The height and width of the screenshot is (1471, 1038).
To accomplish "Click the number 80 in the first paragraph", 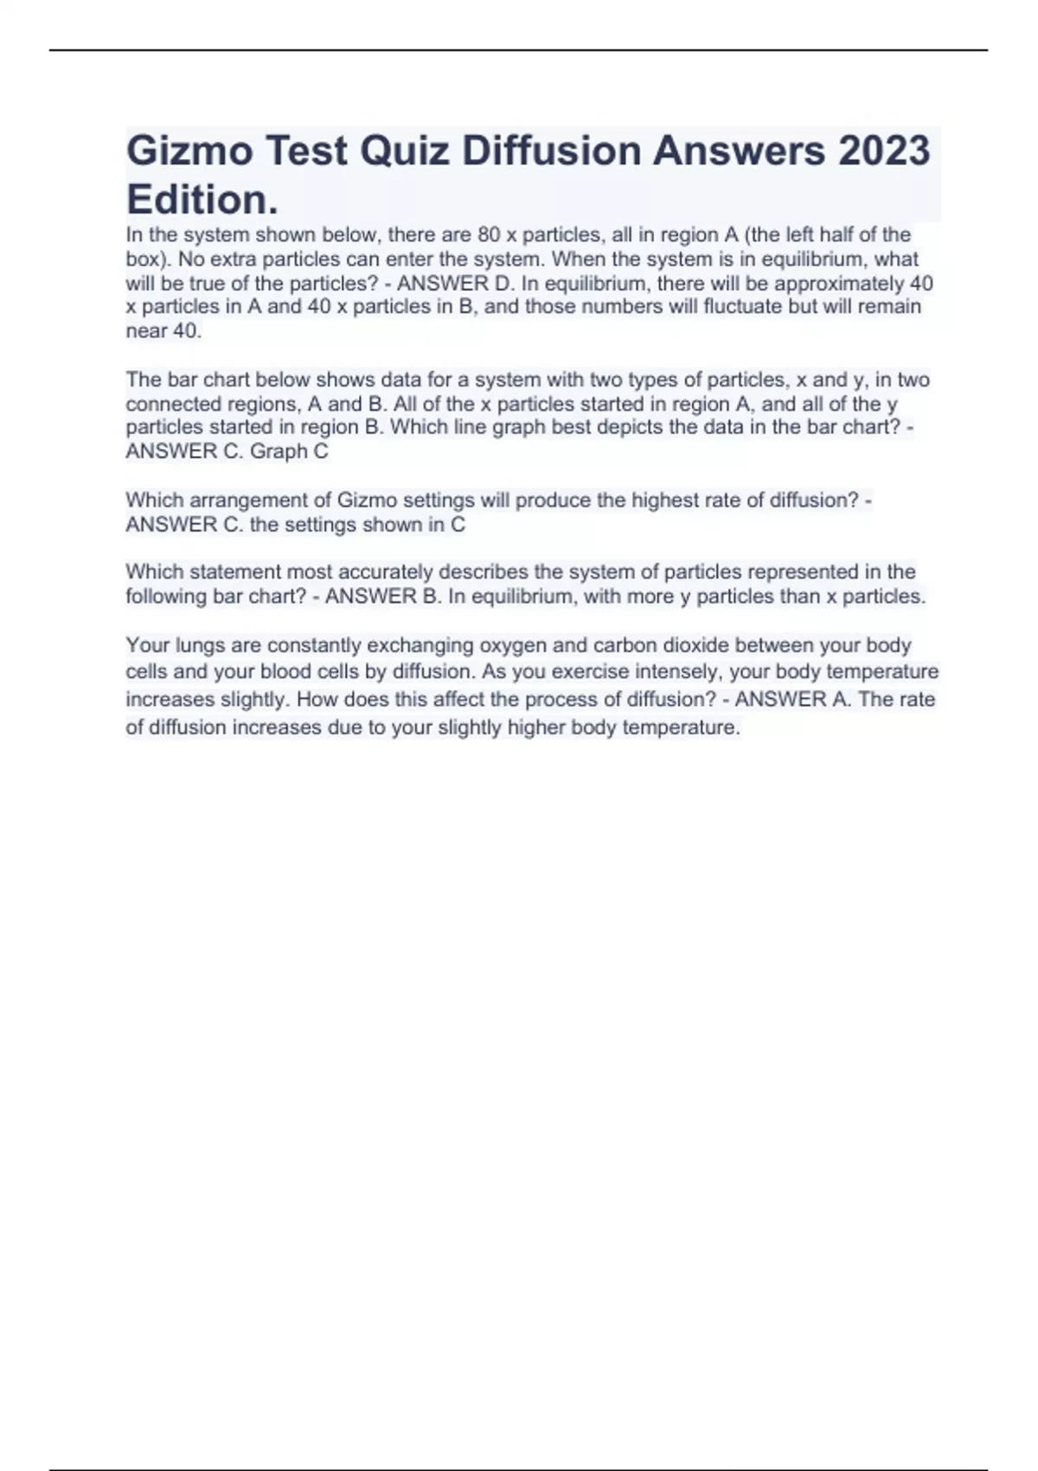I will click(x=490, y=234).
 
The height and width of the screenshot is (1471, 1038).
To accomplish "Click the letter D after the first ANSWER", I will click(x=504, y=284).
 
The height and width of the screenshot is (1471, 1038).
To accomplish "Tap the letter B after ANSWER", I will click(x=432, y=596).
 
